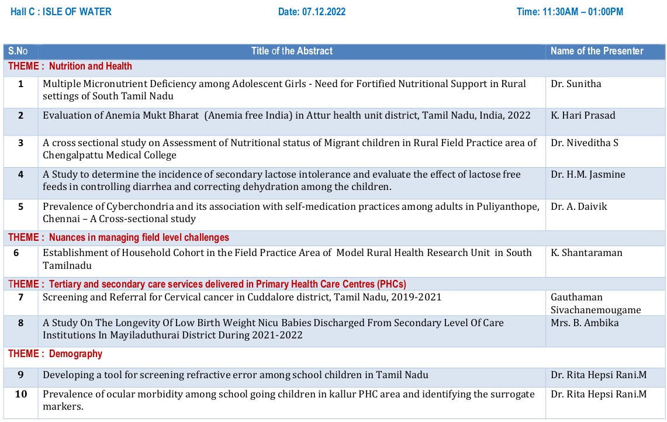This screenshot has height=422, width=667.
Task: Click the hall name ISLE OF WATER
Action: pos(77,12)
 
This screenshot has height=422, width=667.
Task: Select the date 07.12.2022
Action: pos(324,12)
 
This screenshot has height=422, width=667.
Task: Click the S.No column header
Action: pos(18,51)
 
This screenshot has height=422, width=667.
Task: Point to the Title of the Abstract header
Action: pos(292,51)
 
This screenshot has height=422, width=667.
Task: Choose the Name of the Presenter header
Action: pos(597,51)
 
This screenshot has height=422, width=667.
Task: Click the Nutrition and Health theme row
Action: pos(91,66)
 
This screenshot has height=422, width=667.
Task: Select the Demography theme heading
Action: pos(75,354)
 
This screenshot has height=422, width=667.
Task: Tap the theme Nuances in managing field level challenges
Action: pos(139,237)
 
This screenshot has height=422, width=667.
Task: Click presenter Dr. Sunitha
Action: pos(576,84)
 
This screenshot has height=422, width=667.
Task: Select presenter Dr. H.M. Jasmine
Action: pos(587,174)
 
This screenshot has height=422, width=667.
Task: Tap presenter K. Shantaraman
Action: pos(586,252)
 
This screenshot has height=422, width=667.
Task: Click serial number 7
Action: pos(20,297)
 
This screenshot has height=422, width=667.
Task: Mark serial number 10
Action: pos(20,394)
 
